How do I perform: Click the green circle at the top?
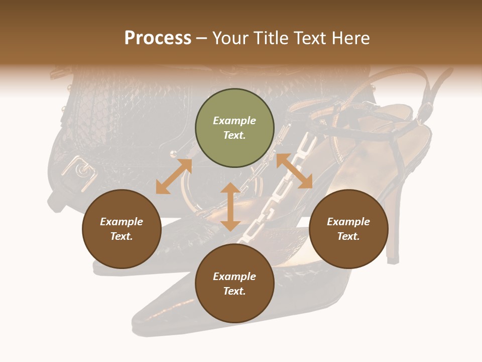pos(234,128)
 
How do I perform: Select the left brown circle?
pos(122,229)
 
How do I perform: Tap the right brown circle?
pos(348,229)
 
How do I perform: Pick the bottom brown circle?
pos(234,284)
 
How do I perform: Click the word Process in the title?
pos(158,38)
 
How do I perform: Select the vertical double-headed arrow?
pos(230,207)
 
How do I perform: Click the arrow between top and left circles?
pos(174,176)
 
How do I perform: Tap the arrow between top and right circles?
pos(294,171)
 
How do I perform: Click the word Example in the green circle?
pos(234,121)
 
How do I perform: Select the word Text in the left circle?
pos(122,236)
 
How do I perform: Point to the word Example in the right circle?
pos(348,222)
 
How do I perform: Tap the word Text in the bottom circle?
pos(234,291)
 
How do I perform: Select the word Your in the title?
pos(229,38)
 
